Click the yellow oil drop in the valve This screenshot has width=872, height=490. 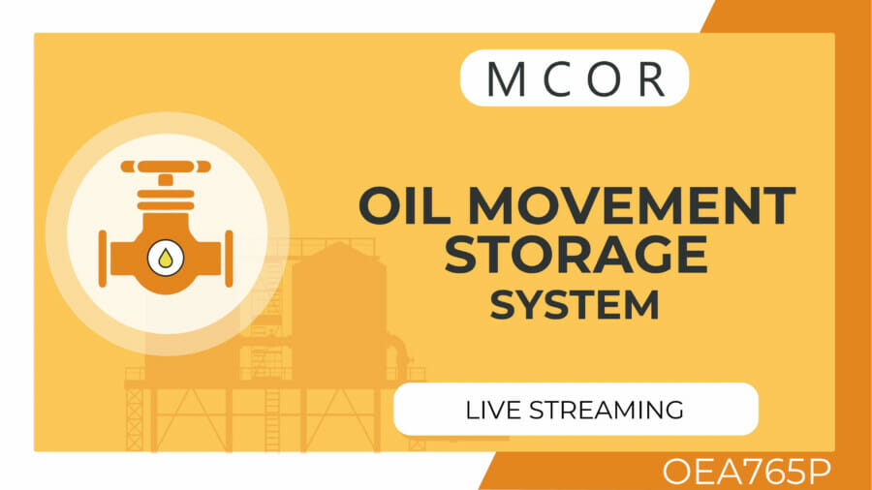coord(166,258)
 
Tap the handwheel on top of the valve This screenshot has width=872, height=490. coord(165,168)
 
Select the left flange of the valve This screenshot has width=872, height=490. coord(104,259)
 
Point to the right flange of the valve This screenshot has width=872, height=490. coord(229,259)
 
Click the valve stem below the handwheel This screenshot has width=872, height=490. coord(166,182)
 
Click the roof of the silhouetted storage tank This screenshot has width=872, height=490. coord(340,251)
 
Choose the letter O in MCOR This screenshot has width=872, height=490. coord(603,79)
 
